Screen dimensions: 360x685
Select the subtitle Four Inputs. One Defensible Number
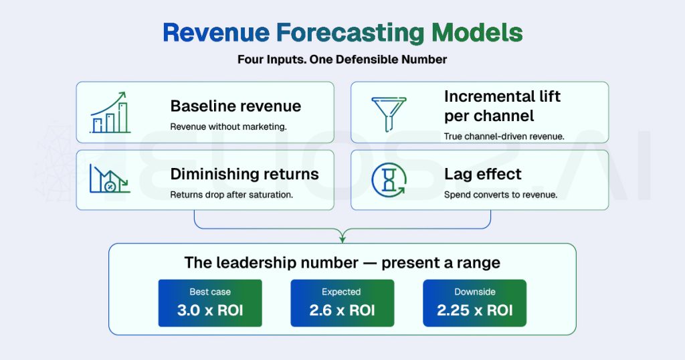tap(342, 60)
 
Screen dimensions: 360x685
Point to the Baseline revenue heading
tap(235, 106)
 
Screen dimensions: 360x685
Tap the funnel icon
tap(385, 112)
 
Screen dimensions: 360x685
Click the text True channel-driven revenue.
tap(504, 137)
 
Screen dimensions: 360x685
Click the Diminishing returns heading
tap(244, 175)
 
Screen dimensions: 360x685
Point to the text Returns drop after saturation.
tap(231, 195)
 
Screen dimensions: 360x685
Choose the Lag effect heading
tap(482, 175)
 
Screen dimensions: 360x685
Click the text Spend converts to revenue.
tap(500, 195)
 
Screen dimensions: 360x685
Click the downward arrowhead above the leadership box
tap(342, 237)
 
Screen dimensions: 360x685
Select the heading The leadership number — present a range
tap(342, 262)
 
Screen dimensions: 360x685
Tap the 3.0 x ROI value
tap(209, 310)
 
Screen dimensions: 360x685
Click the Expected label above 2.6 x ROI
tap(342, 292)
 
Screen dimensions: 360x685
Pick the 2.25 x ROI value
tap(474, 310)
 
